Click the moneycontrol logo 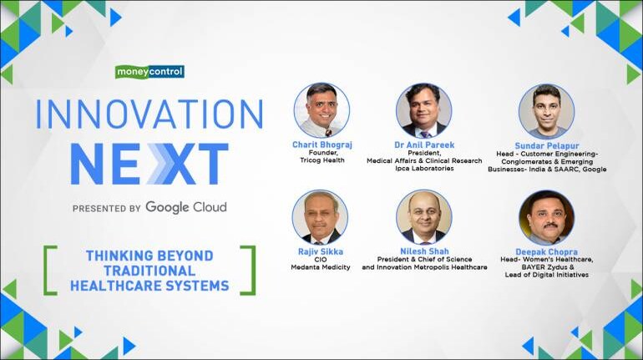149,72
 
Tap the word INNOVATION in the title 149,114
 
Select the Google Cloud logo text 185,207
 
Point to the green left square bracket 50,270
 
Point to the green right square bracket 248,270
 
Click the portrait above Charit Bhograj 321,110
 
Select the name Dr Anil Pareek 424,145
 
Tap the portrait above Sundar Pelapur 547,112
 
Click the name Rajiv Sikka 321,251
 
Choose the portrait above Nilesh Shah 424,217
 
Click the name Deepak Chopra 547,251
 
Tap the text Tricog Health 321,160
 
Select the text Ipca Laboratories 424,168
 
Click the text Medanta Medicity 321,267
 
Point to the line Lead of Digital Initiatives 547,275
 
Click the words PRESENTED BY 107,208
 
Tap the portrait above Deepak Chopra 547,218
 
